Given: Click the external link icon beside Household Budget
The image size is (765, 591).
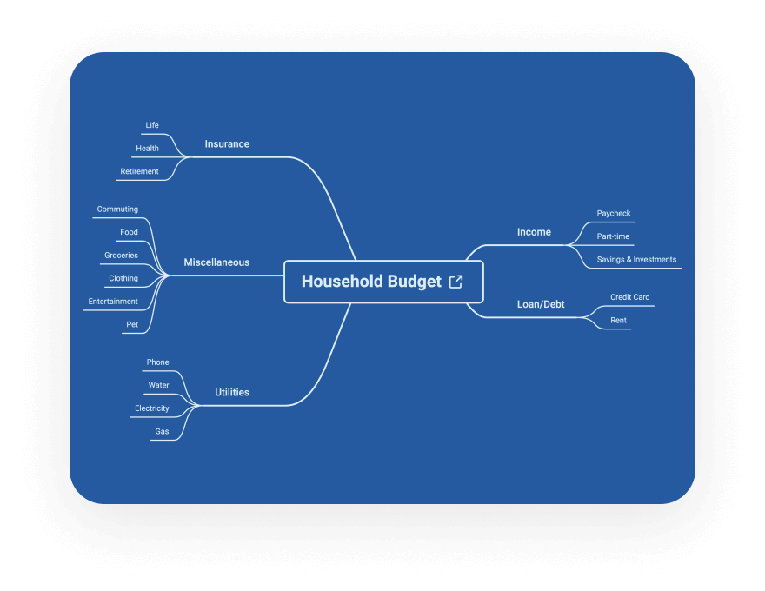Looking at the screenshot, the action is [x=456, y=282].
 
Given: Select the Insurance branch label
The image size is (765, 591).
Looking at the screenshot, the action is [x=227, y=144].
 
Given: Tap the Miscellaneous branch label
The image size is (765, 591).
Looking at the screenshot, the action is [x=216, y=262].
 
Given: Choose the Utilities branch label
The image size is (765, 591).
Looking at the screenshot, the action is [x=232, y=392].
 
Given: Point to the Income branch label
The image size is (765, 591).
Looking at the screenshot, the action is [x=534, y=232].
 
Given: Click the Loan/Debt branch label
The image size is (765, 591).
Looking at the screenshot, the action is [x=541, y=304].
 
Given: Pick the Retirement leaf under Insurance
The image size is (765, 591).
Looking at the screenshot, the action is [x=140, y=171].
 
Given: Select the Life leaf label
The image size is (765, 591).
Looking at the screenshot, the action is [x=152, y=125].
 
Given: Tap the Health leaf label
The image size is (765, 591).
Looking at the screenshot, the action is [x=147, y=149].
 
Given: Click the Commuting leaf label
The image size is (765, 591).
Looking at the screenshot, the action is [x=117, y=209].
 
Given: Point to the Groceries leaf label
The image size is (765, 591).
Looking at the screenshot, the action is [x=121, y=255].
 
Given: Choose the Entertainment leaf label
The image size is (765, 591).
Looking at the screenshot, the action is [x=113, y=302].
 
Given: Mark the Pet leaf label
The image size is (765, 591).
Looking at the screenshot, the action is [x=132, y=324].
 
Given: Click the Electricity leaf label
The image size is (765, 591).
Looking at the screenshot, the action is [x=152, y=408].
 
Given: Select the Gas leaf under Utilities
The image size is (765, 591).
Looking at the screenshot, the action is [x=162, y=432].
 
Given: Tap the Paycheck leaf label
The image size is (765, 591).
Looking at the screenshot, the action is [x=614, y=214].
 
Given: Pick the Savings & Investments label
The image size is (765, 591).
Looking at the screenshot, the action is [x=636, y=259].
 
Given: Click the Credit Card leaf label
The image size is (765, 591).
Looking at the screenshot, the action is [x=630, y=297].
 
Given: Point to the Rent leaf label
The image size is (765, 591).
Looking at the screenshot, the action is [x=618, y=321].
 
